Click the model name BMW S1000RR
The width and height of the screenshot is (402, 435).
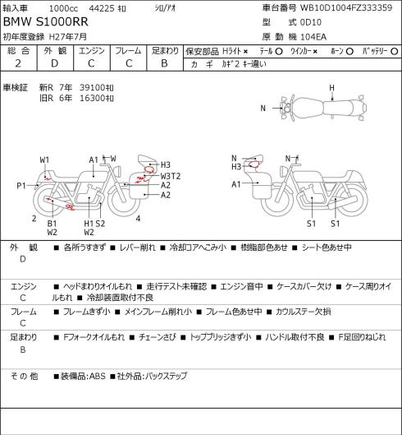[x=46, y=22]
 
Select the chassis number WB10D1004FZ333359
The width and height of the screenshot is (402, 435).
[x=346, y=7]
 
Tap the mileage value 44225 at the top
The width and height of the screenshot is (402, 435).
[x=102, y=8]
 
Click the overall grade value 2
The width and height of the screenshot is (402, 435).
[x=18, y=63]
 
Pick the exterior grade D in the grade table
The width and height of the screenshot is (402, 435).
[x=54, y=63]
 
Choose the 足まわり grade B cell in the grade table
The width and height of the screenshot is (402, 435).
[x=164, y=63]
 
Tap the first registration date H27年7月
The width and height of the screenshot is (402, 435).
[x=68, y=37]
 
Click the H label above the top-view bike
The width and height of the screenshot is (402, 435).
[x=331, y=88]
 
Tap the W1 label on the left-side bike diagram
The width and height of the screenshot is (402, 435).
[x=44, y=160]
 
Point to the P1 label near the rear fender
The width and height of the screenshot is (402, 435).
[x=21, y=185]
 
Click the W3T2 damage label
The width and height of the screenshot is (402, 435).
[x=171, y=176]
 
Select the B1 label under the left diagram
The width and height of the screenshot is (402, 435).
[x=52, y=224]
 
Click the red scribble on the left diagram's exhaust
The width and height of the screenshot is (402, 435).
[x=70, y=206]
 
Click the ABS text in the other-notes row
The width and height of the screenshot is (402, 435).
[x=97, y=376]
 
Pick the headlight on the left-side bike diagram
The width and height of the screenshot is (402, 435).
[x=118, y=170]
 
